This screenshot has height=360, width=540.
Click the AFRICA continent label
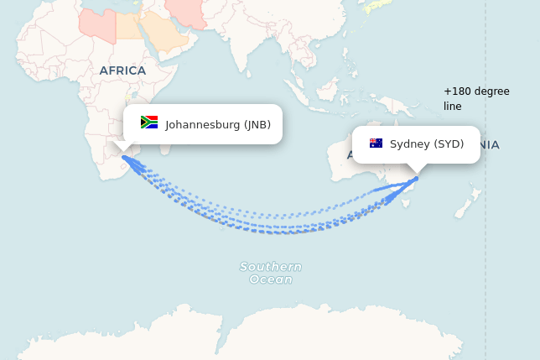[x=122, y=70]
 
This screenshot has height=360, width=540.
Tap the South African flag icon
[x=149, y=123]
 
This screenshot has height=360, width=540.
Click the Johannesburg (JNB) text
[x=218, y=125]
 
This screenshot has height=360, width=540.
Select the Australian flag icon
[x=376, y=143]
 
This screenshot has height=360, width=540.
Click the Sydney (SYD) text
[x=427, y=144]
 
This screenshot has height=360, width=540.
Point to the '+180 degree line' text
[x=476, y=98]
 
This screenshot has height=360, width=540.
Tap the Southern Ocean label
[x=271, y=273]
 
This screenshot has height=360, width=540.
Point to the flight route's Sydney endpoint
[x=416, y=179]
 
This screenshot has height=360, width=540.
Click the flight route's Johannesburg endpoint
[x=125, y=157]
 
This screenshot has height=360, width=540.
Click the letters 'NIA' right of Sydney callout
[x=489, y=145]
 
